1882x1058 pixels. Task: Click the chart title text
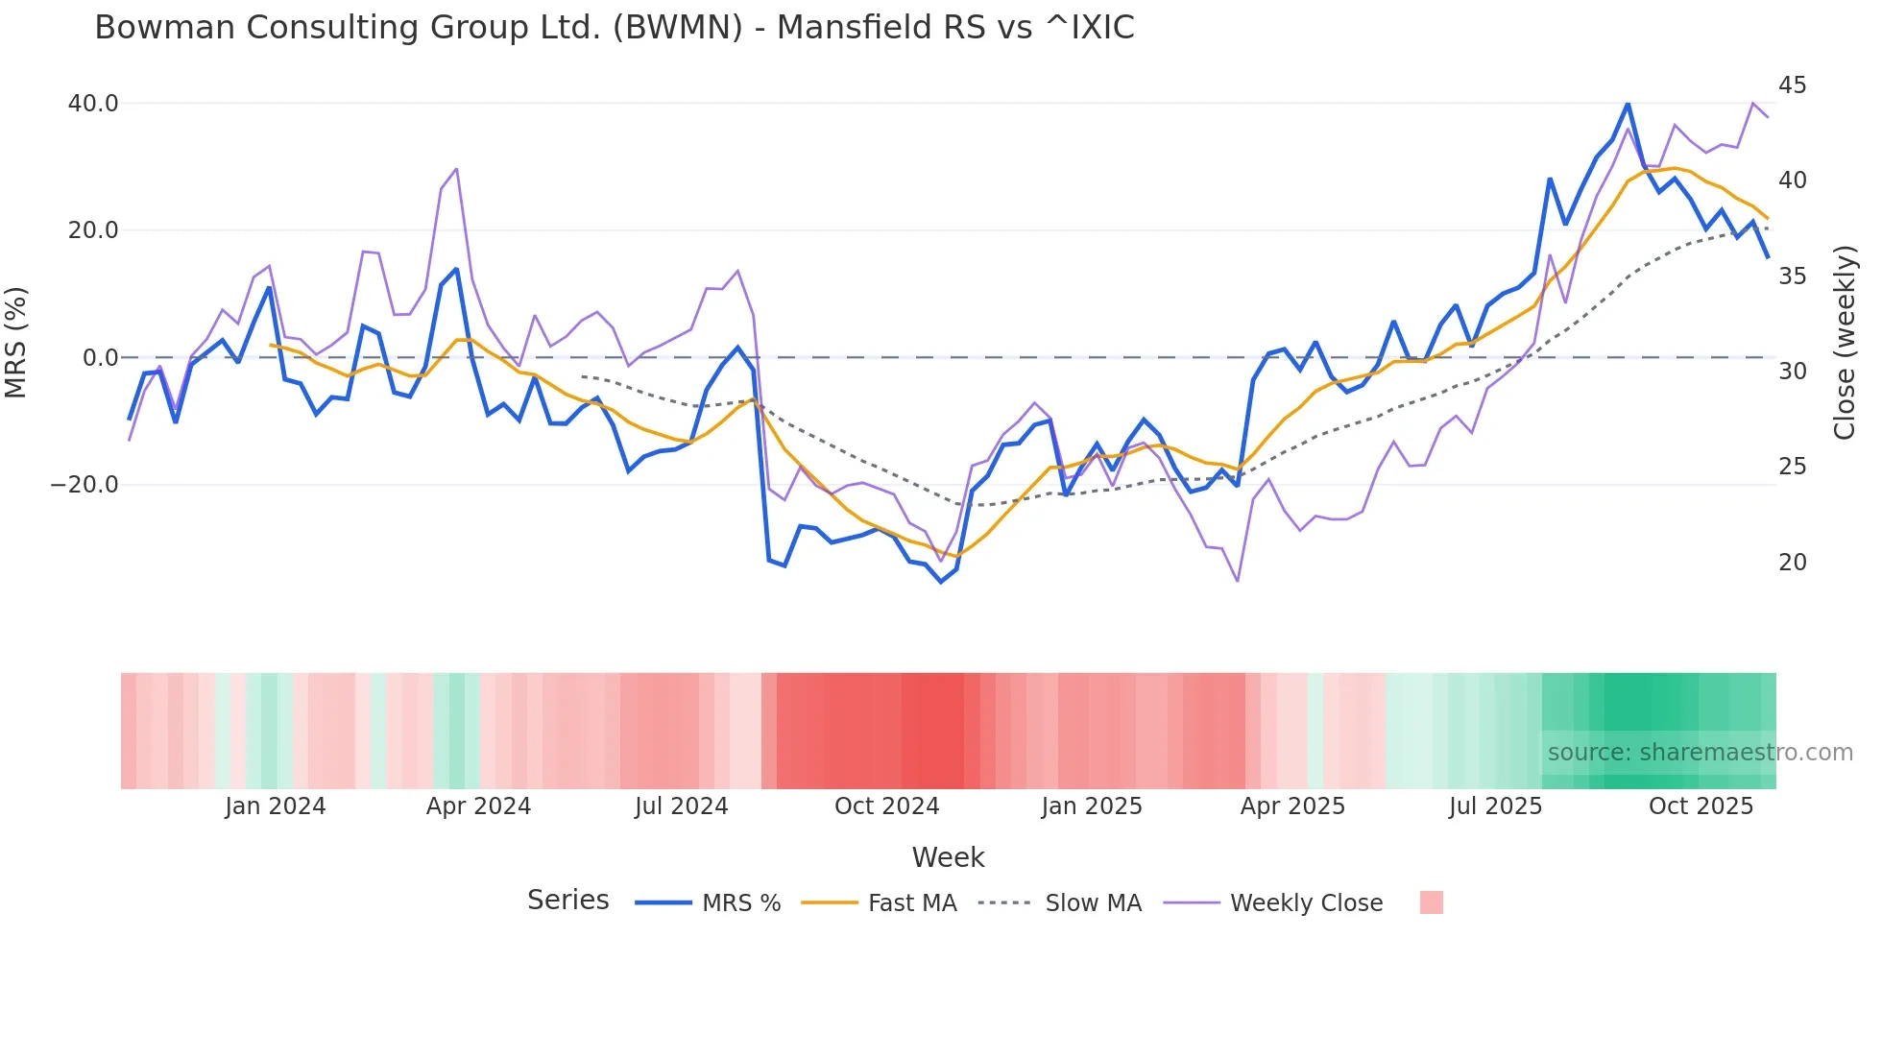click(615, 28)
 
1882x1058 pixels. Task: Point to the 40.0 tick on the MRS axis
click(93, 104)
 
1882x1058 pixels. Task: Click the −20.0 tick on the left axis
click(84, 485)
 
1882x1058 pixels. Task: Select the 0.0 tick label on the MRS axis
click(101, 358)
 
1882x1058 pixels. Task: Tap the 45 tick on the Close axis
click(1792, 85)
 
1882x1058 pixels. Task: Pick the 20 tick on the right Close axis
click(1792, 563)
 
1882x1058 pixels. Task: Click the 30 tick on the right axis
click(1792, 372)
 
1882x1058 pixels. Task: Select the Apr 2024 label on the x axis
click(478, 806)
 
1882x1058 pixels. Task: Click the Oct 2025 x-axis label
click(1701, 806)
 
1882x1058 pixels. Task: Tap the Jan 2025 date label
click(1092, 806)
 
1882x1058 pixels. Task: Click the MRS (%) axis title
click(16, 342)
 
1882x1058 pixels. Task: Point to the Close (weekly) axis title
click(1844, 343)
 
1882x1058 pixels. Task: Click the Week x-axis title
click(948, 857)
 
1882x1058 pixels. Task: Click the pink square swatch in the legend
click(1431, 902)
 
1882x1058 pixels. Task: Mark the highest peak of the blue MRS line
click(1628, 103)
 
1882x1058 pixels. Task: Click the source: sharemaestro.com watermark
click(1700, 753)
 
